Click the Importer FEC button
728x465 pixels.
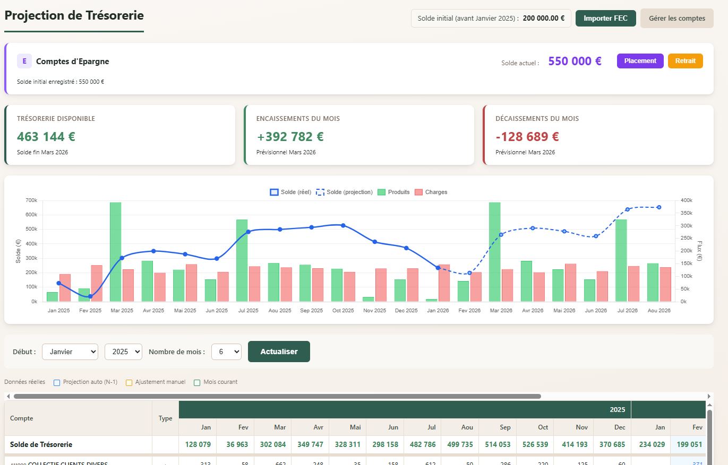[x=605, y=18]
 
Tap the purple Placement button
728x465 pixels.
[x=640, y=61]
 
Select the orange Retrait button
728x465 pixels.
[x=685, y=61]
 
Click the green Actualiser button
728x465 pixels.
[x=279, y=352]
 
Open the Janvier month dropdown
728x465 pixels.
[x=70, y=352]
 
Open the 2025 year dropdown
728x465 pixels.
[x=123, y=352]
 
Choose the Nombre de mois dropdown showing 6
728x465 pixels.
[x=226, y=352]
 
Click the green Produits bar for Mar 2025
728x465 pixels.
[x=115, y=252]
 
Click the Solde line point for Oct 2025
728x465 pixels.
[x=343, y=225]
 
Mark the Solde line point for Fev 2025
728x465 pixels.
[x=90, y=296]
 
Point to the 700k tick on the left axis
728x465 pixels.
[x=31, y=200]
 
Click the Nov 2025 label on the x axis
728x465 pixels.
[x=374, y=310]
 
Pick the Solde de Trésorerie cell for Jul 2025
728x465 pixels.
[x=422, y=444]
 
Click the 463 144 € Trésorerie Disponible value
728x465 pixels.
[x=46, y=137]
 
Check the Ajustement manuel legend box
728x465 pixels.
[x=129, y=382]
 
